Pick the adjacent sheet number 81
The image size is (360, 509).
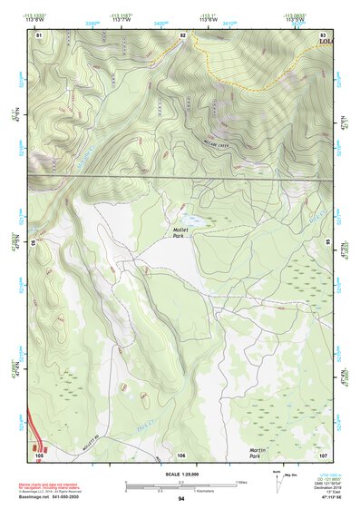(39, 34)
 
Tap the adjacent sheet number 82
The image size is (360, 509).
(182, 34)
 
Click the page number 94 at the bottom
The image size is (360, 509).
(181, 498)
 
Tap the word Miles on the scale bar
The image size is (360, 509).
(242, 481)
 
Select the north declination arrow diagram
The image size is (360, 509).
(276, 479)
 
